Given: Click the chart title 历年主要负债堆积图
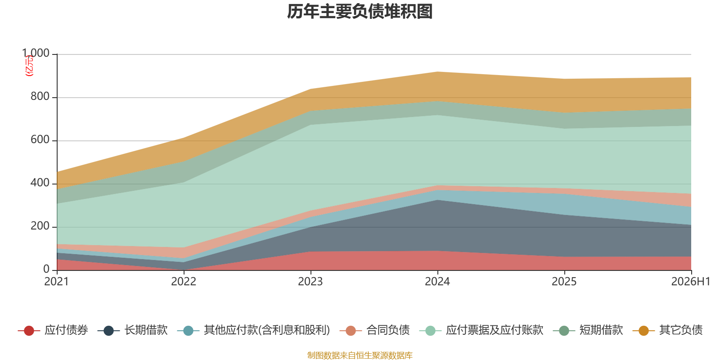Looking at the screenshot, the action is (x=360, y=12).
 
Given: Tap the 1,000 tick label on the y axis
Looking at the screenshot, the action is (x=36, y=53).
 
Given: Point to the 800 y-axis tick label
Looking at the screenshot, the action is (x=40, y=96).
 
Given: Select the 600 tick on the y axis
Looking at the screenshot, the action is (x=40, y=140).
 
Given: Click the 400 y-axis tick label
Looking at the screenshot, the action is (x=40, y=183).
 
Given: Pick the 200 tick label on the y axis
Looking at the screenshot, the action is (x=40, y=226).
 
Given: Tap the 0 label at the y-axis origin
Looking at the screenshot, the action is (x=46, y=270).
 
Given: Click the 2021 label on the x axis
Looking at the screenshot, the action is (x=57, y=282).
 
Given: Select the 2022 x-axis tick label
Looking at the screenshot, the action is (x=184, y=282).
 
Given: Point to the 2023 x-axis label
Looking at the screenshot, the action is (x=310, y=282).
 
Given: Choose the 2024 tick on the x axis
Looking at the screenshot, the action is (x=437, y=282).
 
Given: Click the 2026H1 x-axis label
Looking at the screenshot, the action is (x=691, y=282).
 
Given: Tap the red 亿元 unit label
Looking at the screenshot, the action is (x=29, y=66).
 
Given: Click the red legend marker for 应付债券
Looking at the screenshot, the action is (x=29, y=330).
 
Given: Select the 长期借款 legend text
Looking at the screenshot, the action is (x=146, y=330).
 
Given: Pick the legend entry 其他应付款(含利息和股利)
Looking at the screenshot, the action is (x=267, y=330).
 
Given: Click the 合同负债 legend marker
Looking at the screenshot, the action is (x=351, y=330).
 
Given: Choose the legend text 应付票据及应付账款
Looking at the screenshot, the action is (x=495, y=330).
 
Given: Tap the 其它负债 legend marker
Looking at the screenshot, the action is (x=643, y=330).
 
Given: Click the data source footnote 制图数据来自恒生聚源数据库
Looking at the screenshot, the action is (x=360, y=355).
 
